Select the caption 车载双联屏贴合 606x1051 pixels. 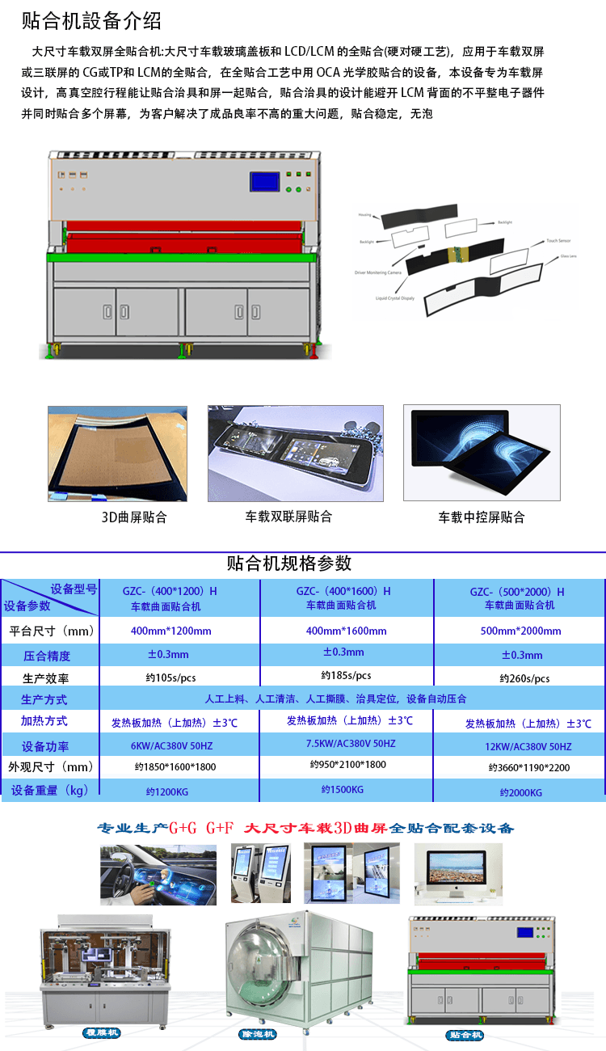point(288,516)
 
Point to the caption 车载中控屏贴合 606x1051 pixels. point(482,517)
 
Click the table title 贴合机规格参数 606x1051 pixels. point(289,563)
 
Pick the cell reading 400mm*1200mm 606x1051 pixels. point(170,631)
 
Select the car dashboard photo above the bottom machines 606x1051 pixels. point(158,874)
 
